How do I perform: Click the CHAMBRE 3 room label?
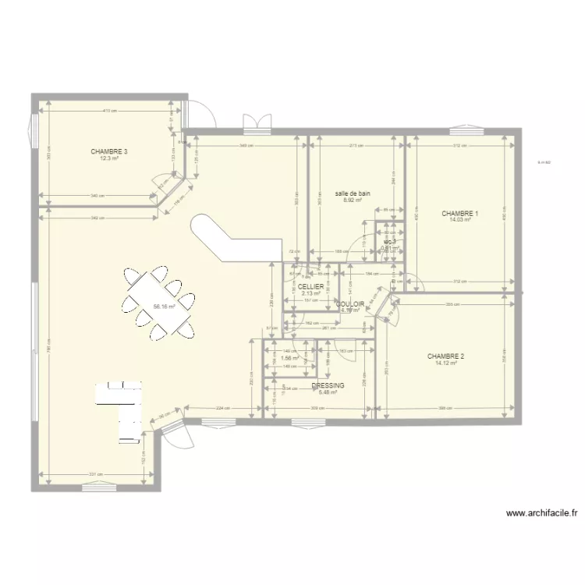[x=108, y=151]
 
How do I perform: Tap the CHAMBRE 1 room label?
[x=459, y=213]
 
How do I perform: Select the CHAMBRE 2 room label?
[x=445, y=356]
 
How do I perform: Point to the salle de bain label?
[x=353, y=193]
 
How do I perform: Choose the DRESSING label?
[x=328, y=385]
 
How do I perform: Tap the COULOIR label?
[x=350, y=303]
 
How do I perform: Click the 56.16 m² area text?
[x=163, y=307]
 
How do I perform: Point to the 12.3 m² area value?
[x=108, y=158]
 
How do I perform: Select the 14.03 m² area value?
[x=459, y=220]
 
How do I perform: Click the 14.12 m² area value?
[x=445, y=363]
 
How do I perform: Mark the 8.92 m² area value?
[x=353, y=200]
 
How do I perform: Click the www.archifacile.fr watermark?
[x=541, y=513]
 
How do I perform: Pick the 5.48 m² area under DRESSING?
[x=328, y=392]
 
